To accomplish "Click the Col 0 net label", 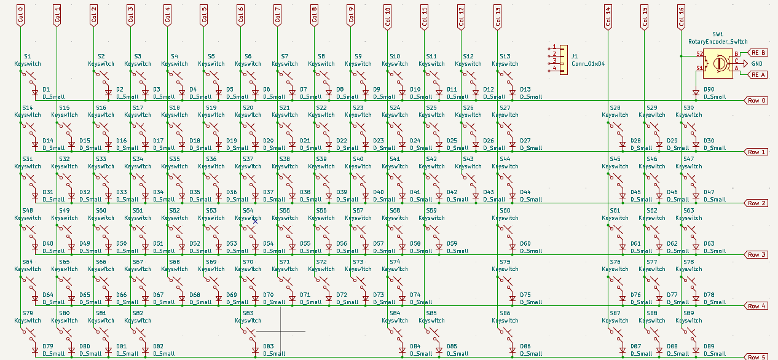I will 20,15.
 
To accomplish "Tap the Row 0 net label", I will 756,100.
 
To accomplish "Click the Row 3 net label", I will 756,254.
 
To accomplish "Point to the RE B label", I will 758,53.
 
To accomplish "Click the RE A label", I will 758,74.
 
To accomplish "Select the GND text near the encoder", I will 757,64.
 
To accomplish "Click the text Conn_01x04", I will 587,63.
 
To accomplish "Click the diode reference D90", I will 709,90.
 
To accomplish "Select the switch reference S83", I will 248,313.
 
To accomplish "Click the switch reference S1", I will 27,56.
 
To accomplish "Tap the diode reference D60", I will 525,244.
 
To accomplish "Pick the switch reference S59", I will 431,210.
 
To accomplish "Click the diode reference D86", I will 525,346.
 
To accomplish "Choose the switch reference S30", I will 688,108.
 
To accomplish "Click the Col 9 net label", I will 351,15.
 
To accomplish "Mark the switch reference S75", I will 505,262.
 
